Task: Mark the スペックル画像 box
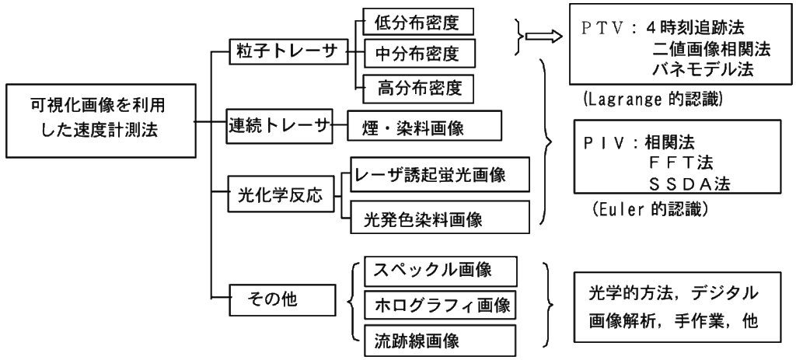coord(439,271)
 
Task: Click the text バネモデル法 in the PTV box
coord(700,72)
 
